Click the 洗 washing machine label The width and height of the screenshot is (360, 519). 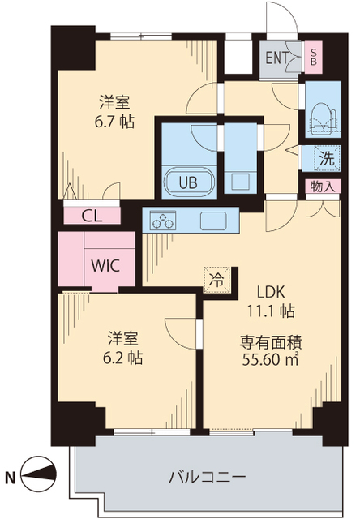[325, 159]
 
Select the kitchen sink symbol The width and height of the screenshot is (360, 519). [215, 220]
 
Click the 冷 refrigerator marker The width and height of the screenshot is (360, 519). [217, 279]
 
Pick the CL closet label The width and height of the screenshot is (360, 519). [93, 216]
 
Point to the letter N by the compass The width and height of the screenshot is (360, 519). [10, 478]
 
